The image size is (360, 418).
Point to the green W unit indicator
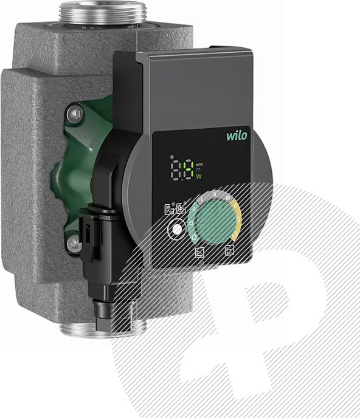(x=199, y=176)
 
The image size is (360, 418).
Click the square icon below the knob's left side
(x=199, y=252)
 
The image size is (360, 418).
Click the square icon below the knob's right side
(x=230, y=250)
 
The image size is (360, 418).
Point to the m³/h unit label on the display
(x=199, y=163)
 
